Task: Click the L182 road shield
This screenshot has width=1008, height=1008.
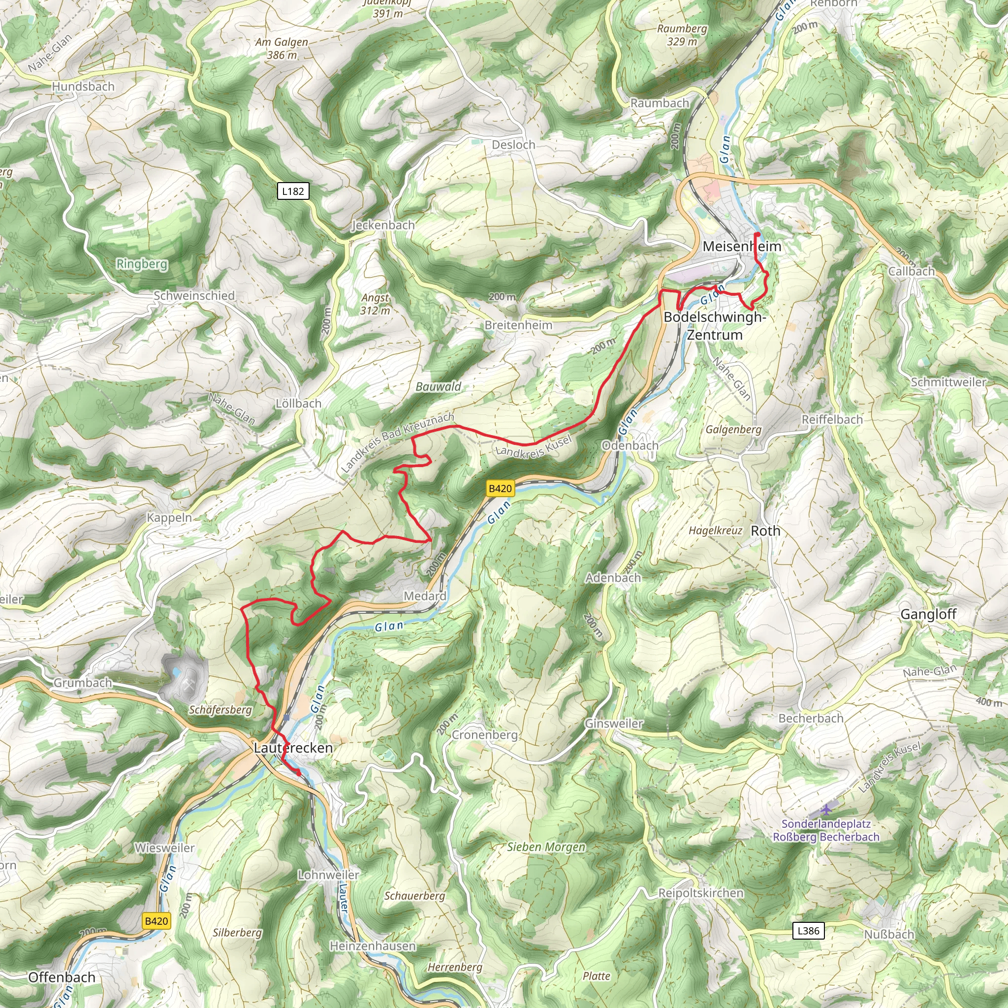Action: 293,191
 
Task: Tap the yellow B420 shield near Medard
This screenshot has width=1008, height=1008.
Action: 500,488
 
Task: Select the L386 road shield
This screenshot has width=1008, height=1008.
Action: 808,930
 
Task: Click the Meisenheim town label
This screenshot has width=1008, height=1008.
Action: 741,246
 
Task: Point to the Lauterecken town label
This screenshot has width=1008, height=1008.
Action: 293,748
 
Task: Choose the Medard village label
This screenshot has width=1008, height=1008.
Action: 425,596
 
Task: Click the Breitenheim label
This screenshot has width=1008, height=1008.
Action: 518,325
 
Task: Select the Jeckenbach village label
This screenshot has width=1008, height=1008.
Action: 383,225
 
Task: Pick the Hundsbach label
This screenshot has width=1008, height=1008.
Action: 83,87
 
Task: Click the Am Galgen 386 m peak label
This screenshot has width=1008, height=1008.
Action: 282,48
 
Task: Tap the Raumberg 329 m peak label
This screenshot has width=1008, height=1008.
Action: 682,34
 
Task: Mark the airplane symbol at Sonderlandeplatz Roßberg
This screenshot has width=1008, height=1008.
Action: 826,810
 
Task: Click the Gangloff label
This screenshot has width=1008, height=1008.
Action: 928,614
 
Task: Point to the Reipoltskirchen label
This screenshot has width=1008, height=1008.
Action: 700,893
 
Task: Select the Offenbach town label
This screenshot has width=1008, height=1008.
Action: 62,977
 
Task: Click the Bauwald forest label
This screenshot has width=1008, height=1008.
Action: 438,386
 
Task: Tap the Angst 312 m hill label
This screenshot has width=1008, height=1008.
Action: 375,304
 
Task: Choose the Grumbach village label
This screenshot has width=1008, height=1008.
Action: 83,683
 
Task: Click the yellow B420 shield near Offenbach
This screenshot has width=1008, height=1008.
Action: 156,921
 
